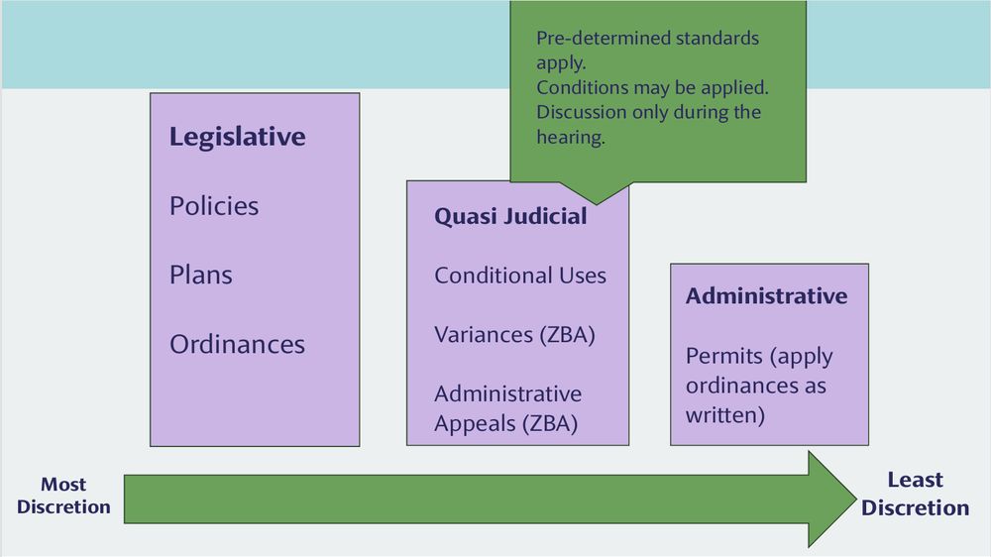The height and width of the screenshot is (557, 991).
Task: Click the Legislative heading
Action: [237, 137]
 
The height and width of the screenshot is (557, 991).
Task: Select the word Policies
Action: [213, 206]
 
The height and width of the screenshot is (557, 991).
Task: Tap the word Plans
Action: [202, 275]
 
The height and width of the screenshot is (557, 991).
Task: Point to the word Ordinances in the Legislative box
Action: [237, 344]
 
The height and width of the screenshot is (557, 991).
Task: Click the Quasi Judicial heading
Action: [510, 216]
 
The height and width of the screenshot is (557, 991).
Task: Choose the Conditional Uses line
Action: [519, 275]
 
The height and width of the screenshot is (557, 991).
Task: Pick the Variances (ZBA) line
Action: [513, 334]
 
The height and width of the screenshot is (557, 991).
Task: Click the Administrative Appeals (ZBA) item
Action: [507, 408]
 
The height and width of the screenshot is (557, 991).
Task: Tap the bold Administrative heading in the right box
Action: [766, 295]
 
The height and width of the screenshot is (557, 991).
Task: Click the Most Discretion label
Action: [63, 496]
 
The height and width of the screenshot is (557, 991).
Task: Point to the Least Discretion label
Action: [915, 494]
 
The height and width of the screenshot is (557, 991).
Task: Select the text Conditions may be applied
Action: [652, 87]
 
